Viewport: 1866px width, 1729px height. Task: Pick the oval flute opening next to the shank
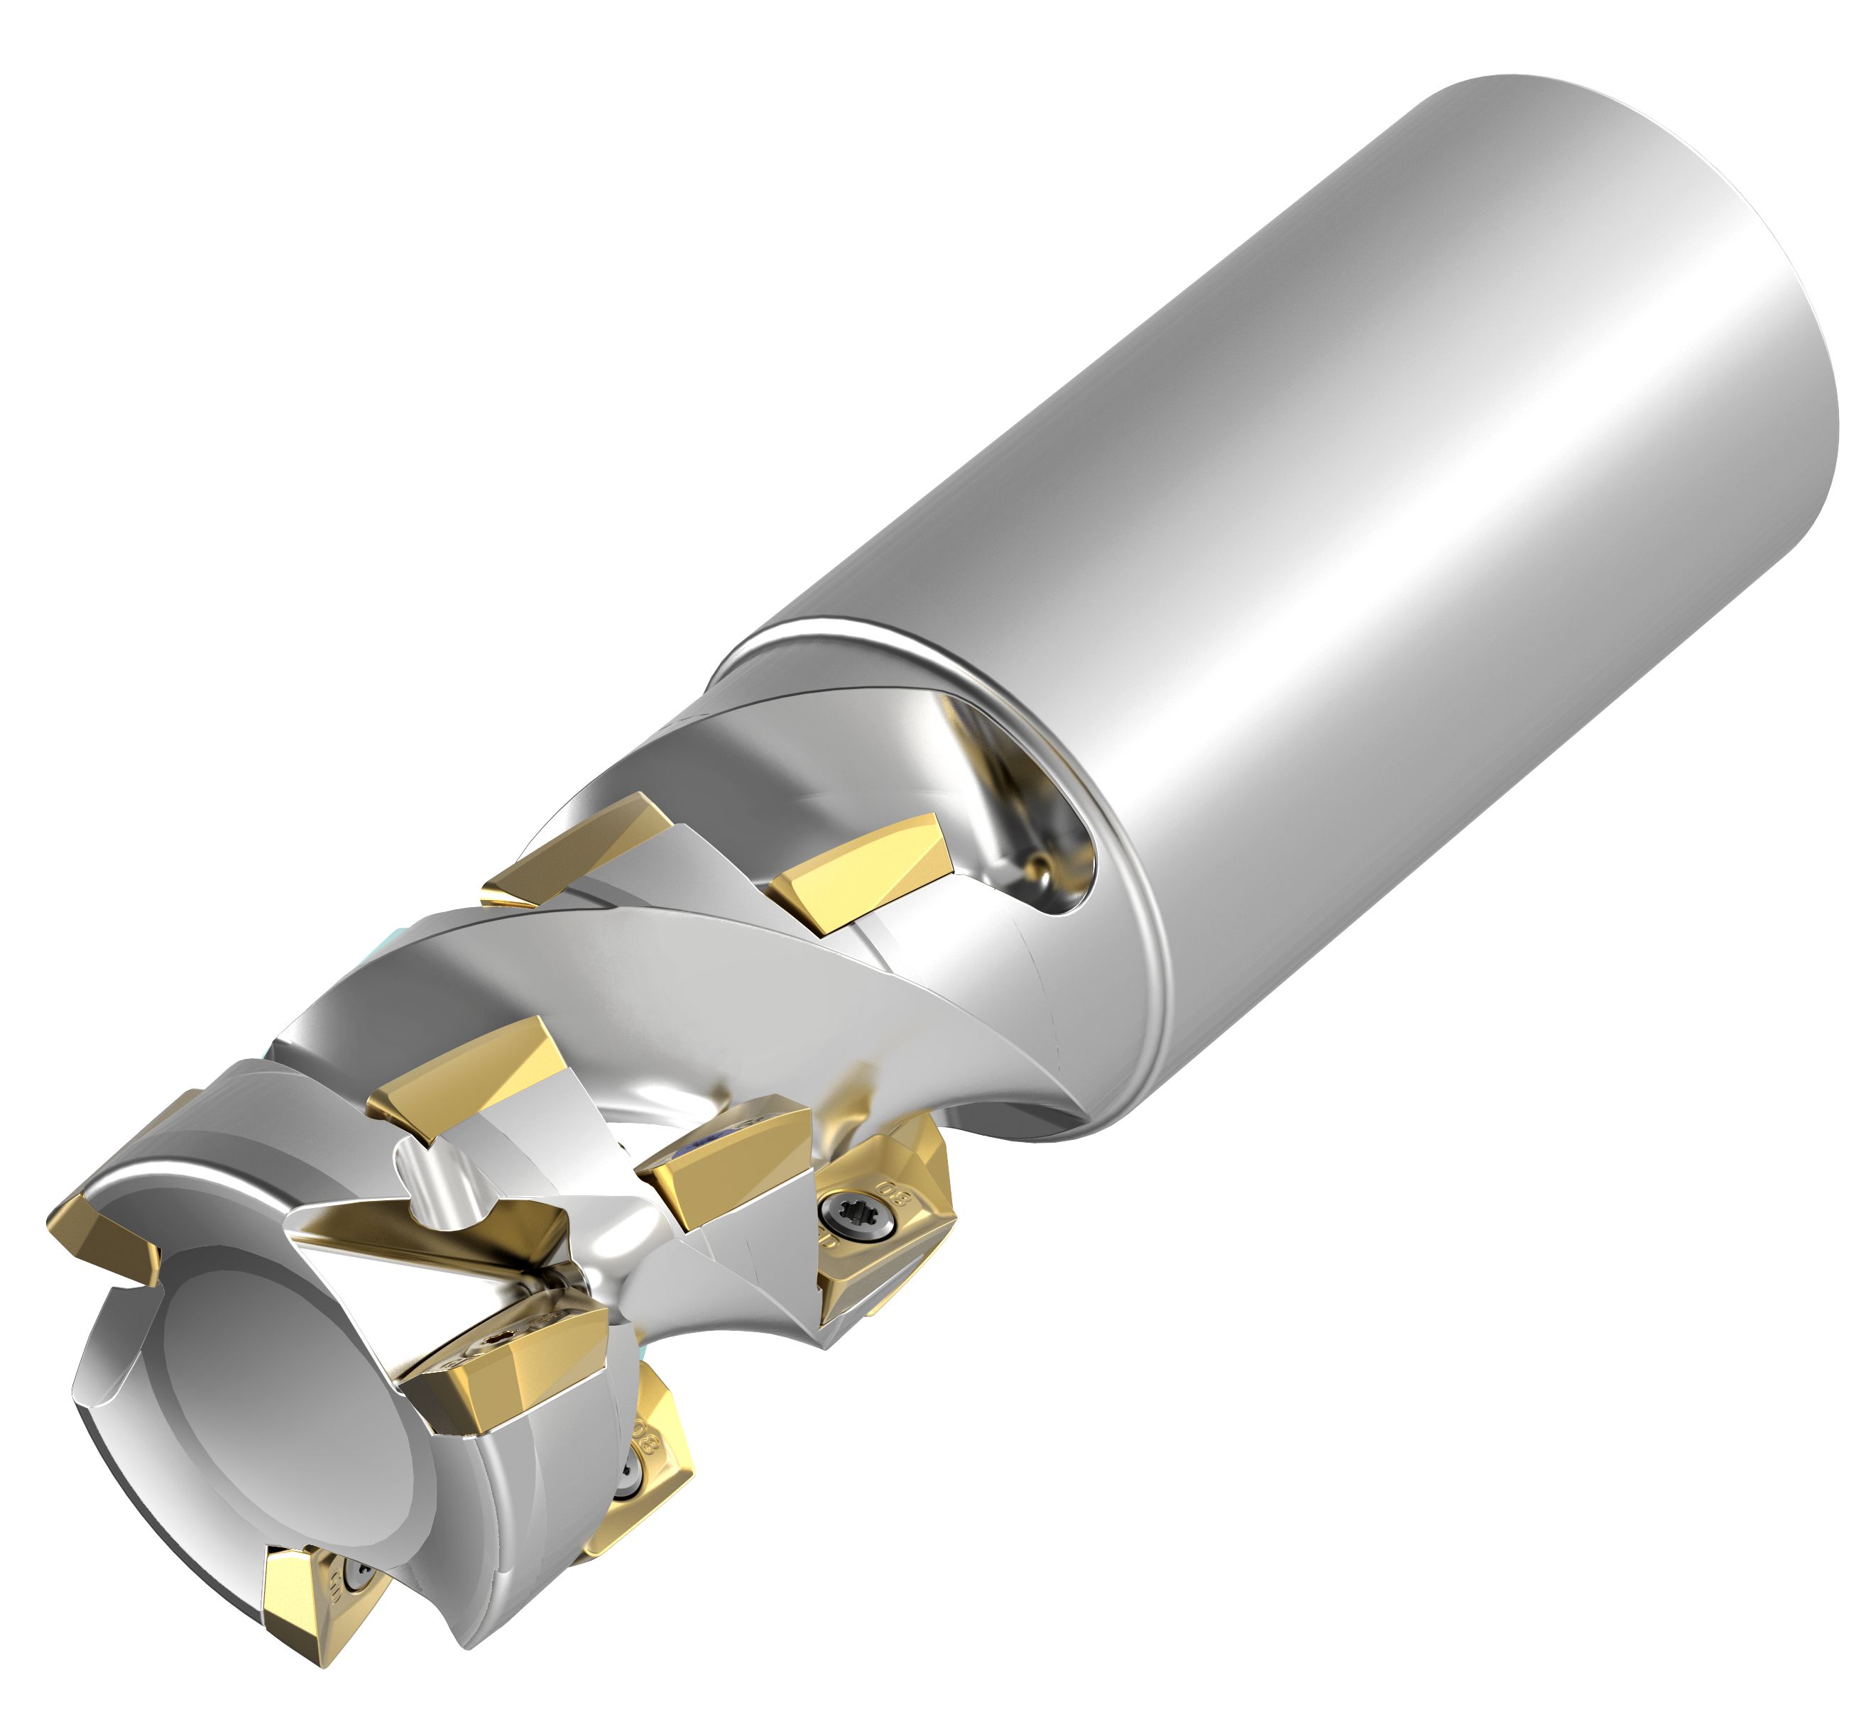click(x=1020, y=805)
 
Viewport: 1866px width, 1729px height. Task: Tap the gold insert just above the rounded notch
click(x=468, y=1076)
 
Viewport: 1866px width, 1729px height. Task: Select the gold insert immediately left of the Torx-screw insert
click(x=721, y=1160)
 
